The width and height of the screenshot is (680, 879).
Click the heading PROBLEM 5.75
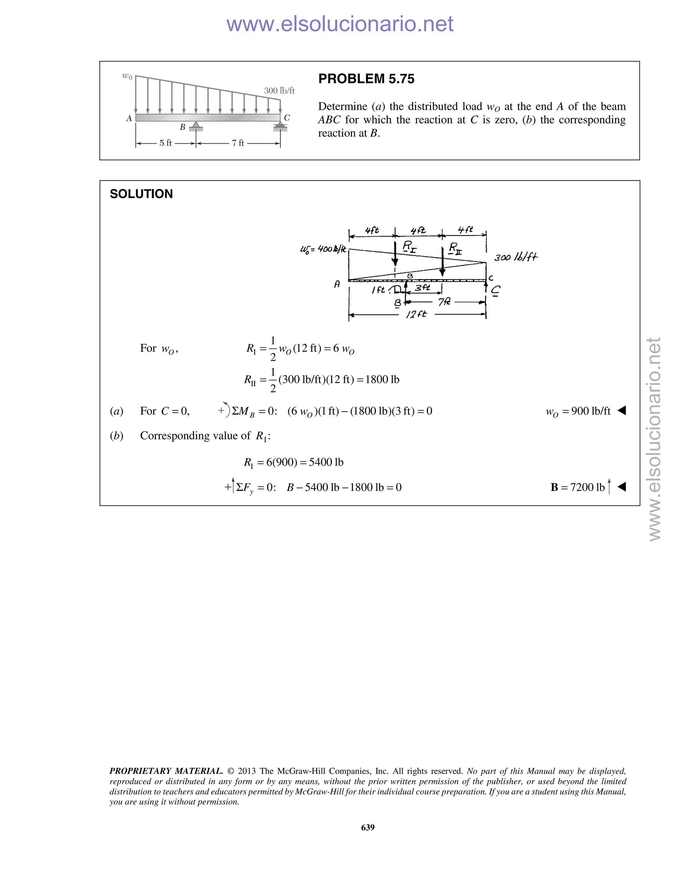(x=366, y=79)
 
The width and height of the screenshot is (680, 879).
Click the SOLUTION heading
(x=141, y=194)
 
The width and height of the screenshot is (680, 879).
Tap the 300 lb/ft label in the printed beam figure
(x=279, y=91)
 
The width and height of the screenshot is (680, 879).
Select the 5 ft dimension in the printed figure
(x=166, y=143)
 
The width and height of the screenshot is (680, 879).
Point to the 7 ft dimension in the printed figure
(x=238, y=143)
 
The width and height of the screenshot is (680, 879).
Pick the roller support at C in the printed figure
(x=280, y=127)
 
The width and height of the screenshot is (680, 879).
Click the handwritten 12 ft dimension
(x=416, y=314)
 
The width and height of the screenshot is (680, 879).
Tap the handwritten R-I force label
(x=409, y=247)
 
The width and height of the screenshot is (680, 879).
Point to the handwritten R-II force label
(x=455, y=249)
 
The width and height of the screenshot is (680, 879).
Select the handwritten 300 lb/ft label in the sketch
(x=516, y=257)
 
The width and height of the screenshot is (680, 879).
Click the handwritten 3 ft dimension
(x=422, y=288)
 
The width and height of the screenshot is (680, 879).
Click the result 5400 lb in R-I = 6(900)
(x=326, y=462)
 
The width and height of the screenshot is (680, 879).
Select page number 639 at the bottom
(x=368, y=828)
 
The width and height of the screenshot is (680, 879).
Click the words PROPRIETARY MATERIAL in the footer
(x=166, y=771)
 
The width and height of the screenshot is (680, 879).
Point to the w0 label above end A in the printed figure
(x=127, y=76)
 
